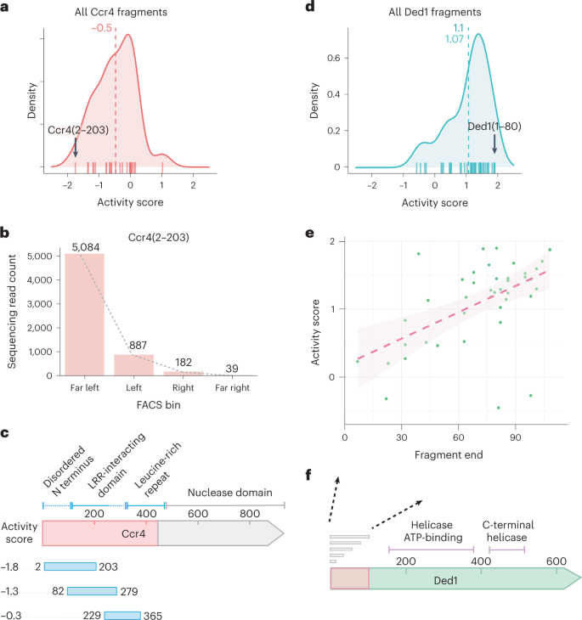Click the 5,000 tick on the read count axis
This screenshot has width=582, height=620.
pyautogui.click(x=43, y=255)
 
